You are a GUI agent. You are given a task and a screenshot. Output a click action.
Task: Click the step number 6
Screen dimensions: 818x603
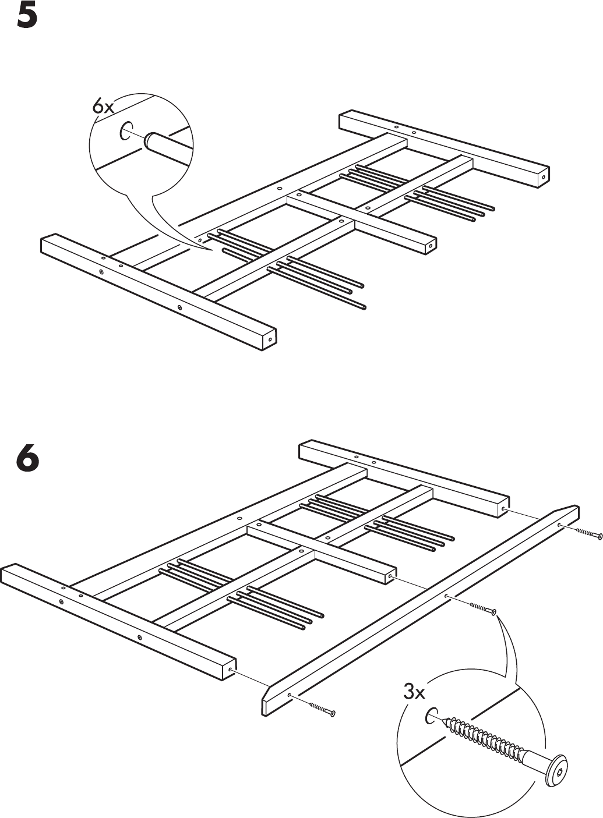(x=27, y=459)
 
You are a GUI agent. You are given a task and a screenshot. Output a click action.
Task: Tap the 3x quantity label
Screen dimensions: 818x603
(x=414, y=692)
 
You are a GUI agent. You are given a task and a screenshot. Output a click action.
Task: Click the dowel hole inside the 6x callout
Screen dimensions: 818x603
(x=126, y=132)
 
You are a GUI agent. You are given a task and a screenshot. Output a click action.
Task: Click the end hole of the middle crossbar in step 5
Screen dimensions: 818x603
(x=430, y=246)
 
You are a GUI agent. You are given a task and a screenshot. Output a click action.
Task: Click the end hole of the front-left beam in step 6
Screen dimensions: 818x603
(x=231, y=671)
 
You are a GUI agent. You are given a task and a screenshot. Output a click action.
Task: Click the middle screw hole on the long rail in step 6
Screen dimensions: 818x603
(x=446, y=596)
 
